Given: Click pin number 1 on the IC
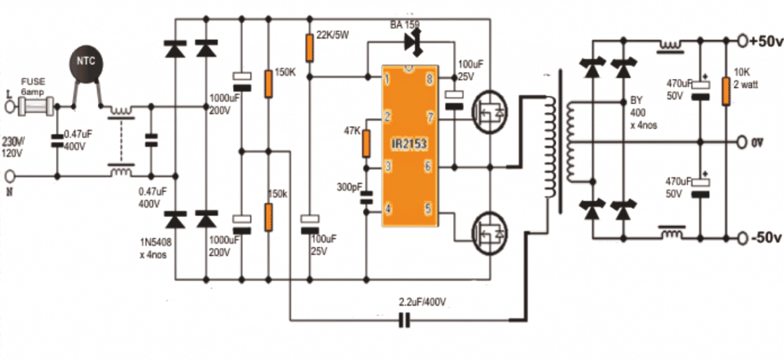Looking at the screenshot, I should point(389,79).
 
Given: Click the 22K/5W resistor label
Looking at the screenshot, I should point(333,35).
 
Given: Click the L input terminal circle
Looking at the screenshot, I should point(11,108).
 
